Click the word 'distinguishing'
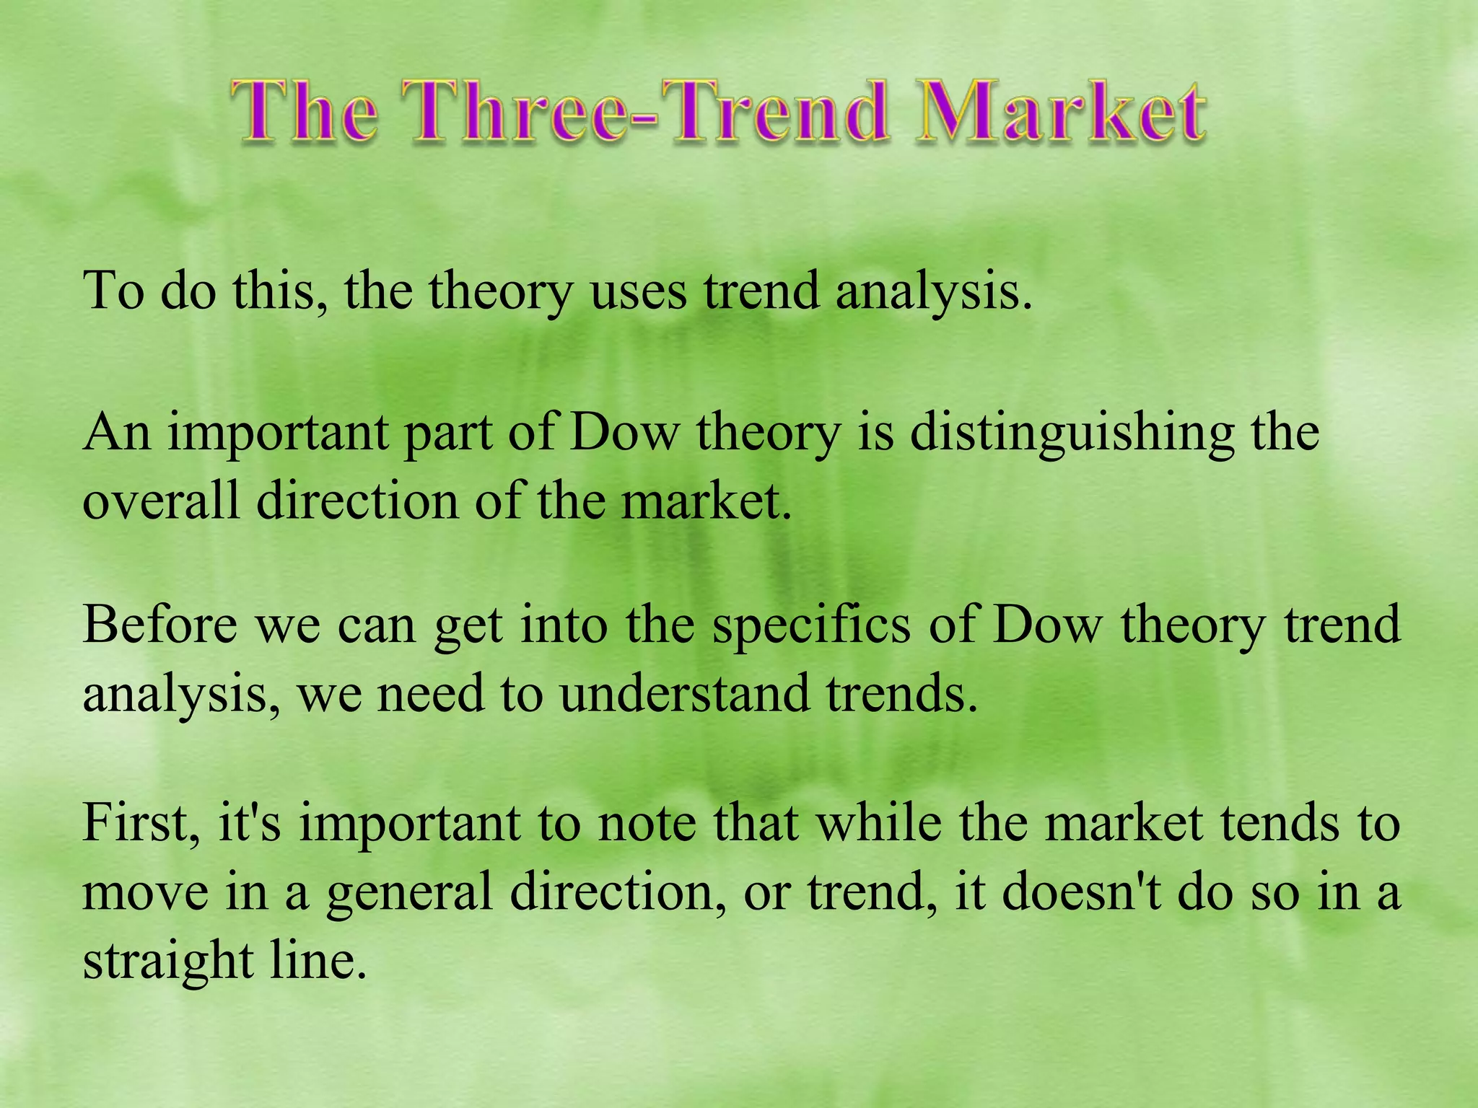(1072, 434)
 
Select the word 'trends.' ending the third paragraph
(902, 693)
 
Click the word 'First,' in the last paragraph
(141, 823)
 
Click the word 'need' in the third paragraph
(431, 693)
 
